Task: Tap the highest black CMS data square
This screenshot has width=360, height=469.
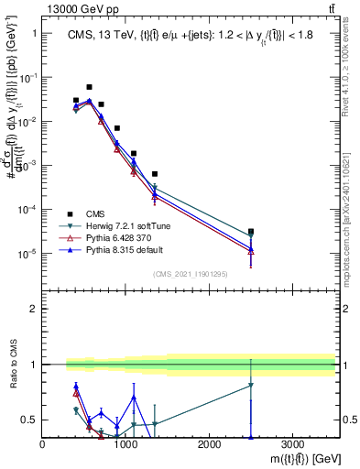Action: point(89,87)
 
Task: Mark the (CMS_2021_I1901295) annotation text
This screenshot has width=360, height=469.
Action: point(190,273)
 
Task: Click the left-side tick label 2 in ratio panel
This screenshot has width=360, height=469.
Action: point(32,309)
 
